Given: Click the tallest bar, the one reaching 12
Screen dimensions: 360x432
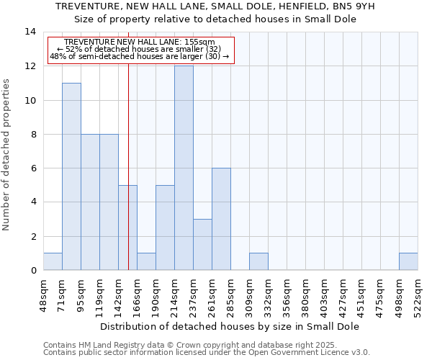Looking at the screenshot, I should (184, 168).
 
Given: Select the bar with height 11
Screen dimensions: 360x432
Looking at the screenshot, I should (71, 176).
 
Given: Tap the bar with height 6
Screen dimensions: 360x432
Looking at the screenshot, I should (221, 219).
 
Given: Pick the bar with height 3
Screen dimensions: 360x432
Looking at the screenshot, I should (202, 245).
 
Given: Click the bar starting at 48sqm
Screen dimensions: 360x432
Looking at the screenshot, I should (53, 261).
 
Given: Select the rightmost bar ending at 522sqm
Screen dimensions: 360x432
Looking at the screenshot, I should (408, 261).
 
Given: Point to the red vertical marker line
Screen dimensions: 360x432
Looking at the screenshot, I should (128, 166).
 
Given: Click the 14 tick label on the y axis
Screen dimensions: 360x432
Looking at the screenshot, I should (30, 32).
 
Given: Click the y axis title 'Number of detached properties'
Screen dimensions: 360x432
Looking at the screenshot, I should (7, 155).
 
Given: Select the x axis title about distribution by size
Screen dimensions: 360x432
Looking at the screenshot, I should (230, 326).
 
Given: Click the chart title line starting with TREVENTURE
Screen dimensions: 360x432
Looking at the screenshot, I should (216, 6).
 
